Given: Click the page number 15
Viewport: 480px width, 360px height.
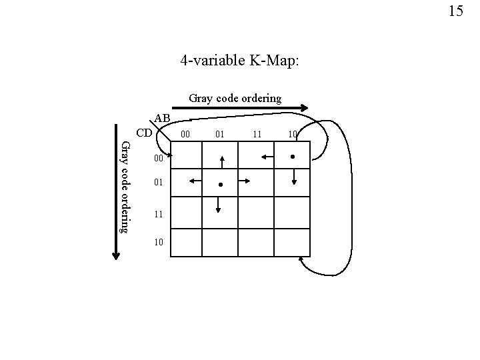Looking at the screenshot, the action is pos(456,11).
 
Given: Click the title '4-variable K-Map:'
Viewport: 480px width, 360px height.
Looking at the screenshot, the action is pos(240,61).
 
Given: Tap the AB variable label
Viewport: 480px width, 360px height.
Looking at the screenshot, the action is pos(163,119).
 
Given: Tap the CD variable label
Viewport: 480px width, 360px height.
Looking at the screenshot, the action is pos(145,132).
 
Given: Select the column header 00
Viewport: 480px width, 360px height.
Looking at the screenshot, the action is pos(187,135).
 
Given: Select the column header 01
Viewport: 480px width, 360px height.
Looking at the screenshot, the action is pos(220,135).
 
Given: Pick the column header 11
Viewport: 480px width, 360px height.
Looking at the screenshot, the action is pos(256,135).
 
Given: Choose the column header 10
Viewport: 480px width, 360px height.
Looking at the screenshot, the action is pos(292,135).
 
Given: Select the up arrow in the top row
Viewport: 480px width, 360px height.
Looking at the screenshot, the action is pos(222,163).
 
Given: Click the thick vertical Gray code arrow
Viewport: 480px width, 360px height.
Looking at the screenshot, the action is pos(116,200).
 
